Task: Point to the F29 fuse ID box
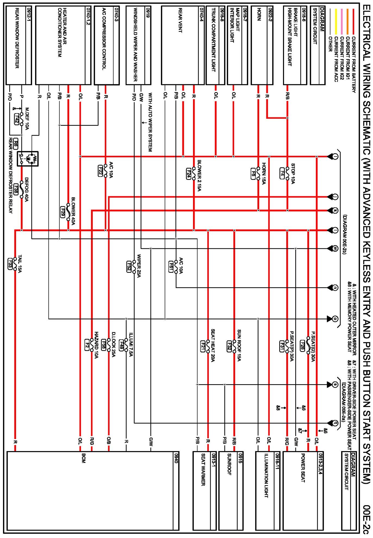coord(63,212)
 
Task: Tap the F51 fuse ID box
coord(171,266)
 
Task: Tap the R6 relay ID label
coord(16,144)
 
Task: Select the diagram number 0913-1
coord(213,459)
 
